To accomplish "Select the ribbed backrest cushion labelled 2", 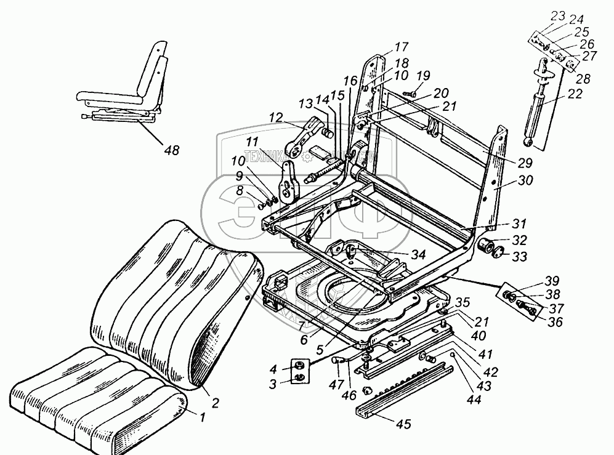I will point(172,302).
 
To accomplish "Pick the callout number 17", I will point(402,46).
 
